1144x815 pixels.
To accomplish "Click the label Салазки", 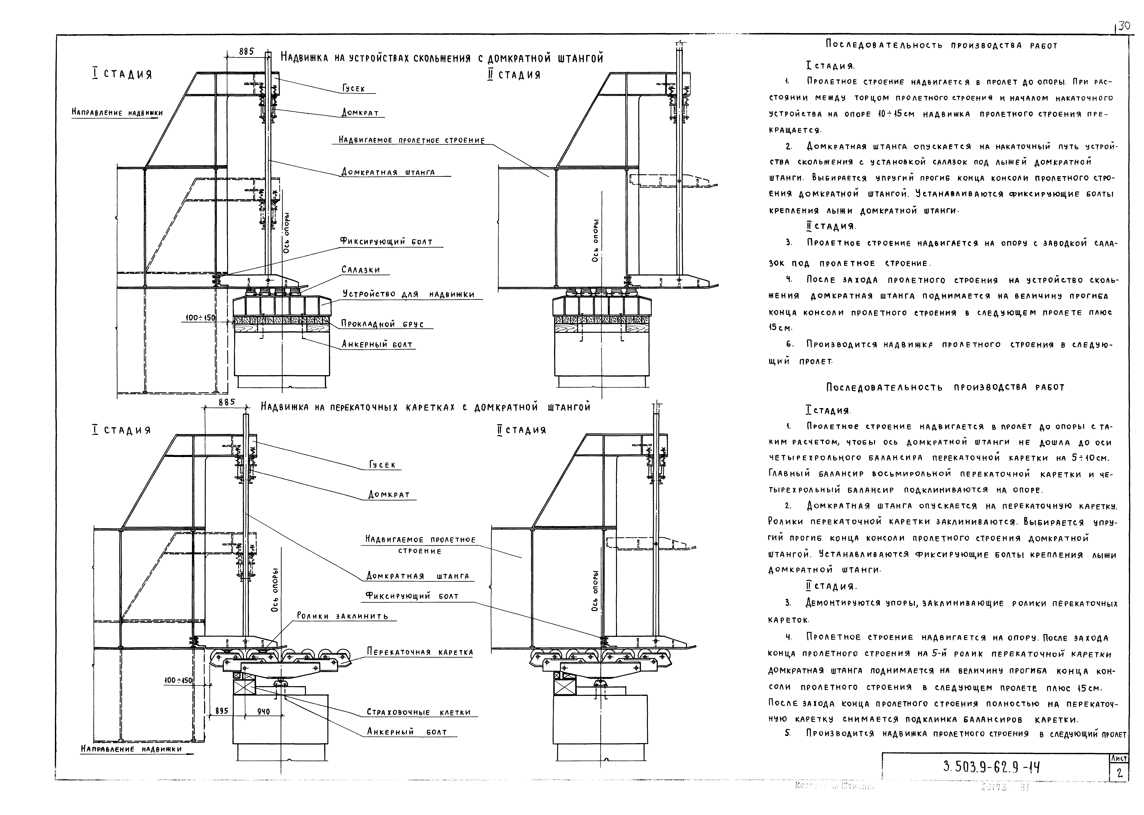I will point(360,270).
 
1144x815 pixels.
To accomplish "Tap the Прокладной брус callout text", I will point(382,324).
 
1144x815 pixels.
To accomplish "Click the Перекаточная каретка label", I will point(419,652).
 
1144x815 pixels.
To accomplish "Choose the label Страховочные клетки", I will point(418,712).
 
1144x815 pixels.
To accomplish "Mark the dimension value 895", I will point(221,711).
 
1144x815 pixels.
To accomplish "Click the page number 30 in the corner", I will point(1123,40).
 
